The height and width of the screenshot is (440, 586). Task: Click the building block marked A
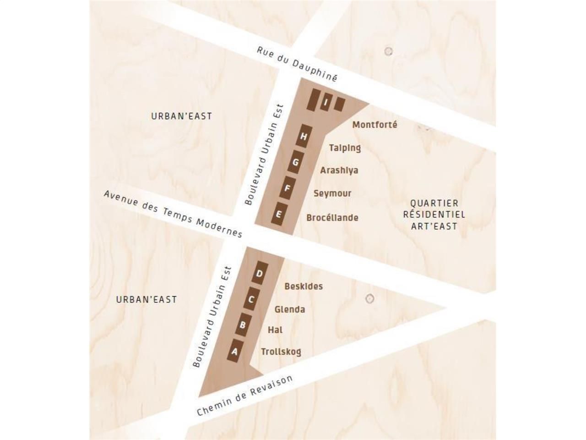235,352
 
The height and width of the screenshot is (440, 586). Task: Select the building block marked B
243,325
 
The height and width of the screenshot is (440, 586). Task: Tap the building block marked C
251,300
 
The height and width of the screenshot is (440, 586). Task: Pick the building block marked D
260,274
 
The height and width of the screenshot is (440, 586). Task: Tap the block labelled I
325,103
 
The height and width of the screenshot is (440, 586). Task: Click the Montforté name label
374,125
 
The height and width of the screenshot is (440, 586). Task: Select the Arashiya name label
339,170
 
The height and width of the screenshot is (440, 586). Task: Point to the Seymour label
332,193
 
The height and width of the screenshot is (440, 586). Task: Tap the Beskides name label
304,286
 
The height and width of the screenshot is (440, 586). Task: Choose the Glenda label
289,309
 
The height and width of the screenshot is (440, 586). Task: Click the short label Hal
275,330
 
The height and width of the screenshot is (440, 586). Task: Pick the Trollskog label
281,352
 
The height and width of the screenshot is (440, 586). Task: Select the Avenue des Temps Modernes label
173,214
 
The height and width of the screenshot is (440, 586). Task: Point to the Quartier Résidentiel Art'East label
434,214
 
